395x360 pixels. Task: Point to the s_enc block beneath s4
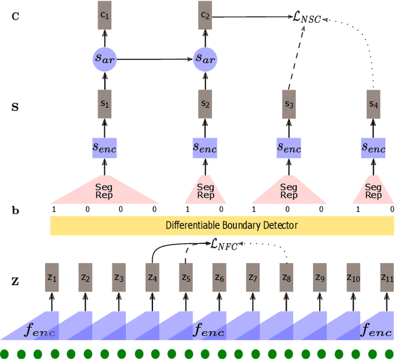click(373, 148)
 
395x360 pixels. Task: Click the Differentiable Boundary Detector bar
click(222, 225)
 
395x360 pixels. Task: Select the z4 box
click(151, 278)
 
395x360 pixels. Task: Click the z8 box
click(286, 278)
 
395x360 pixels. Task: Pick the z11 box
click(386, 278)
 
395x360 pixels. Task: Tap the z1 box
click(52, 278)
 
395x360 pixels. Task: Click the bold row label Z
click(15, 282)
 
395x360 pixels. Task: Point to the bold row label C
click(15, 15)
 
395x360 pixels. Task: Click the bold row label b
click(15, 211)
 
